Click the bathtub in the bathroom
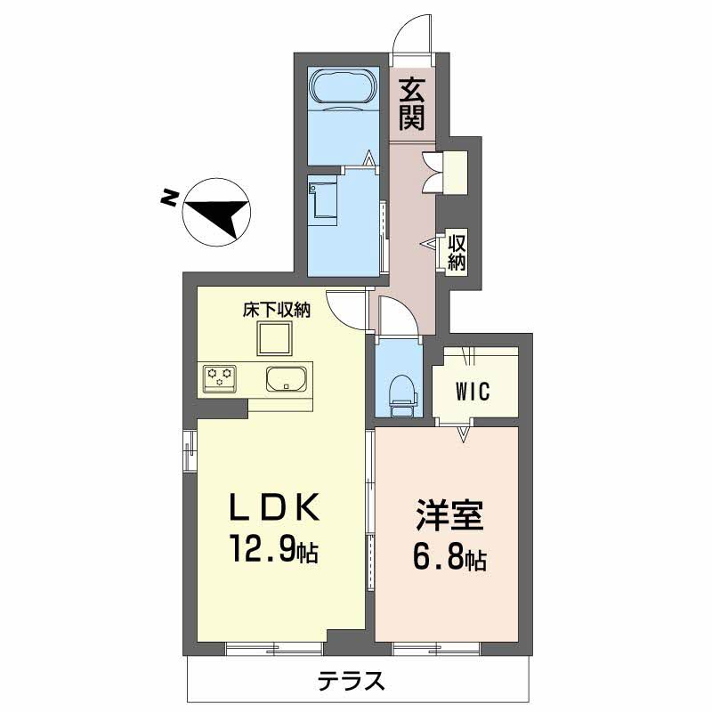coord(344,87)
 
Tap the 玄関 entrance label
coord(412,104)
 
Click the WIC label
coord(473,391)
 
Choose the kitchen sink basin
coord(286,378)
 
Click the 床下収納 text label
coord(277,310)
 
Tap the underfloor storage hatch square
coord(274,338)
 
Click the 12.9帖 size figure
coord(274,548)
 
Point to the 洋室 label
coord(449,514)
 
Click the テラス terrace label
coord(351,681)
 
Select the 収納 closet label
coord(457,253)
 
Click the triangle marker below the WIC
coord(463,433)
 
